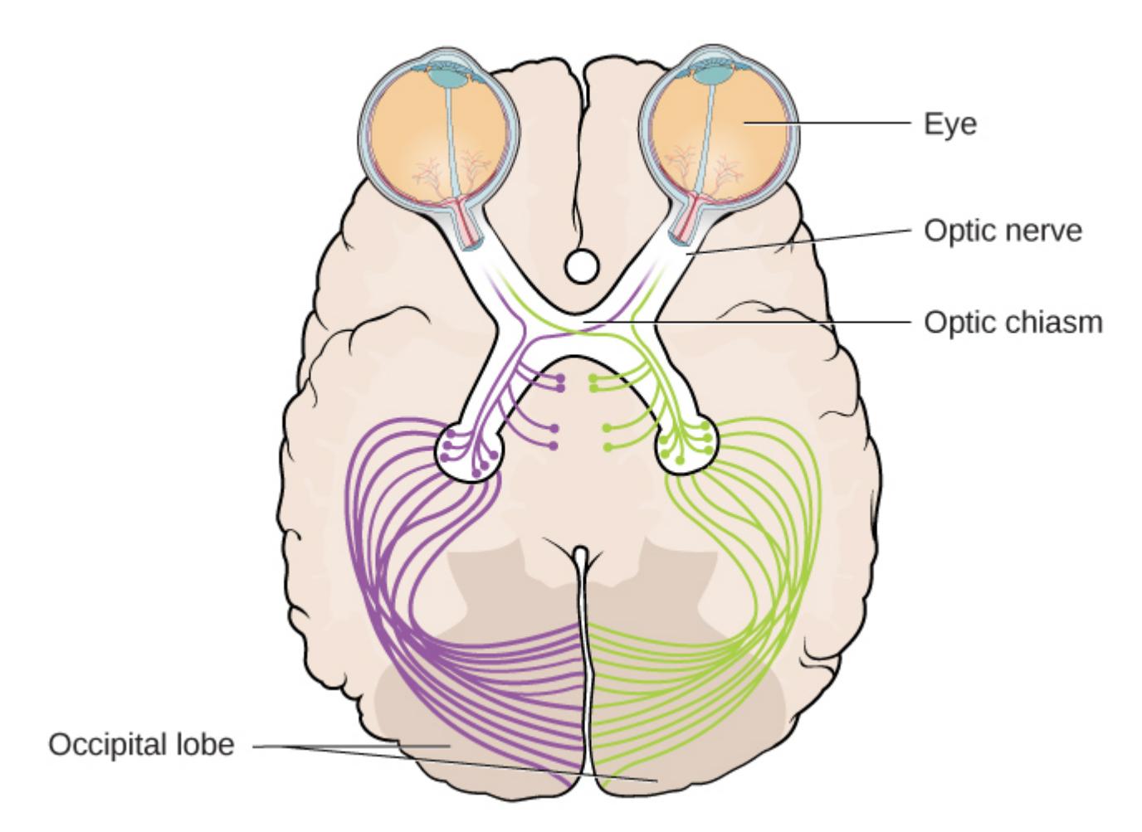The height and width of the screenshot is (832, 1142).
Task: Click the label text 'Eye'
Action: pos(949,124)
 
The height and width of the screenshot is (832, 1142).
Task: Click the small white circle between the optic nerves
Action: pos(581,267)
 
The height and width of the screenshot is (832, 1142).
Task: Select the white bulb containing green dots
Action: pos(688,448)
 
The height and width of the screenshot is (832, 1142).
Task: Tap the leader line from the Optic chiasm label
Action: pos(788,321)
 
